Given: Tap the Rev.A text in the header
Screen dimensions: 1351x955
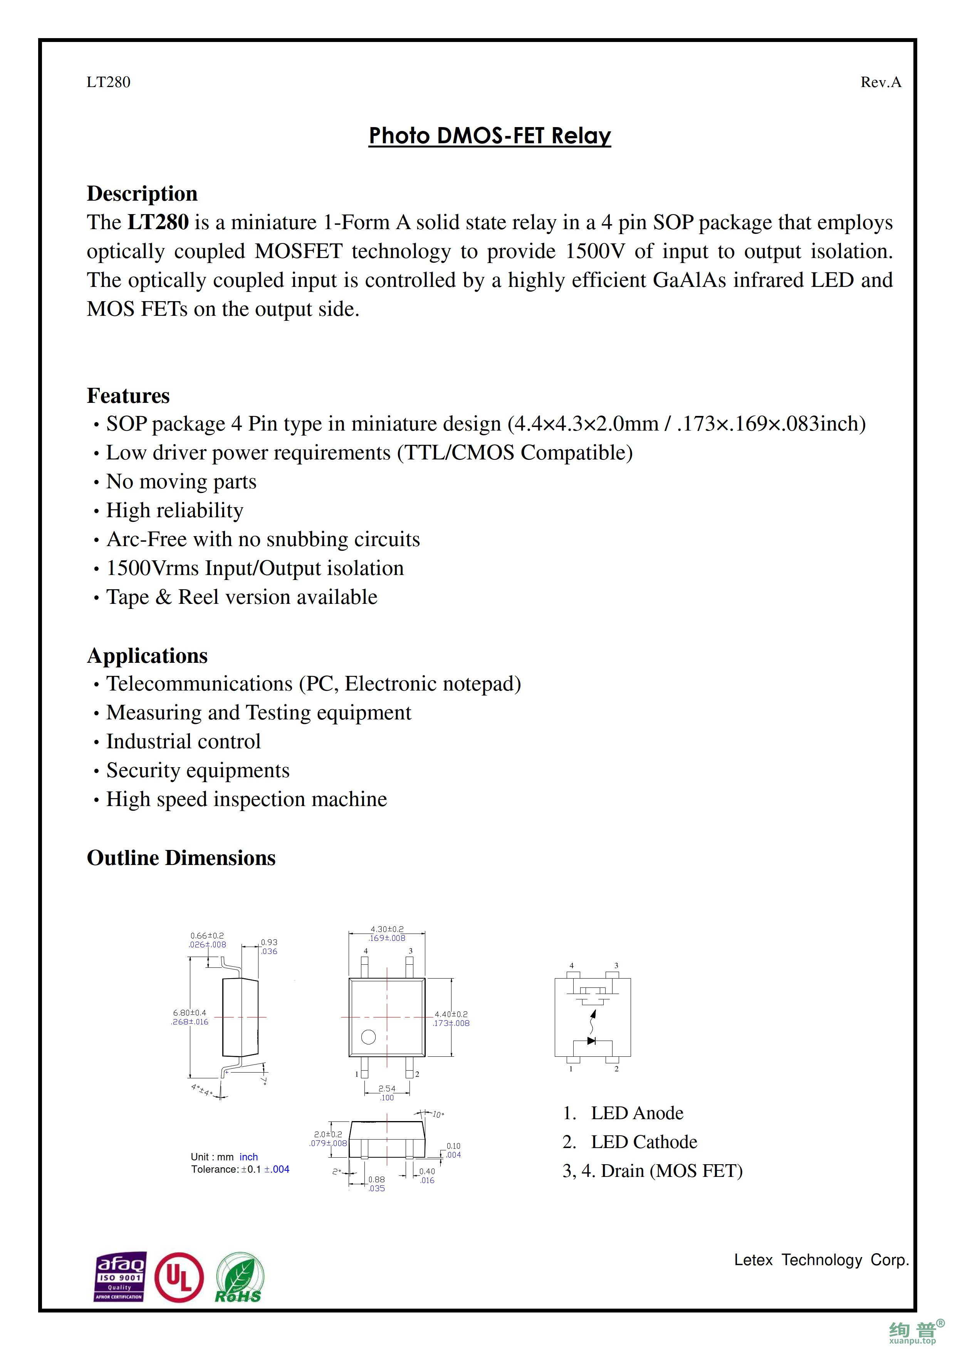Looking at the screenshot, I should coord(880,82).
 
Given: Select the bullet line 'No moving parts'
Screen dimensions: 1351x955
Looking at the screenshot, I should coord(181,481).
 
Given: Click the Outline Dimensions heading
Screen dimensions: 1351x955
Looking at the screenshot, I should coord(181,858).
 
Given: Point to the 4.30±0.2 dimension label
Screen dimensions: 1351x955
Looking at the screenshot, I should coord(387,930).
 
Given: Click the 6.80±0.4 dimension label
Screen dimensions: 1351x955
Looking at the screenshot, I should coord(190,1012).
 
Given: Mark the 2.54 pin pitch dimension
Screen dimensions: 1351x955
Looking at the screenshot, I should coord(387,1089).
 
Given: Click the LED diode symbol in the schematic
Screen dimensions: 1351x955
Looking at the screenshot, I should coord(591,1041).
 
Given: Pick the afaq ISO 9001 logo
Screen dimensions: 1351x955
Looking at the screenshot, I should coord(120,1276).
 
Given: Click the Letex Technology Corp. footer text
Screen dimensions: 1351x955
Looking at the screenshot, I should coord(821,1260).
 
